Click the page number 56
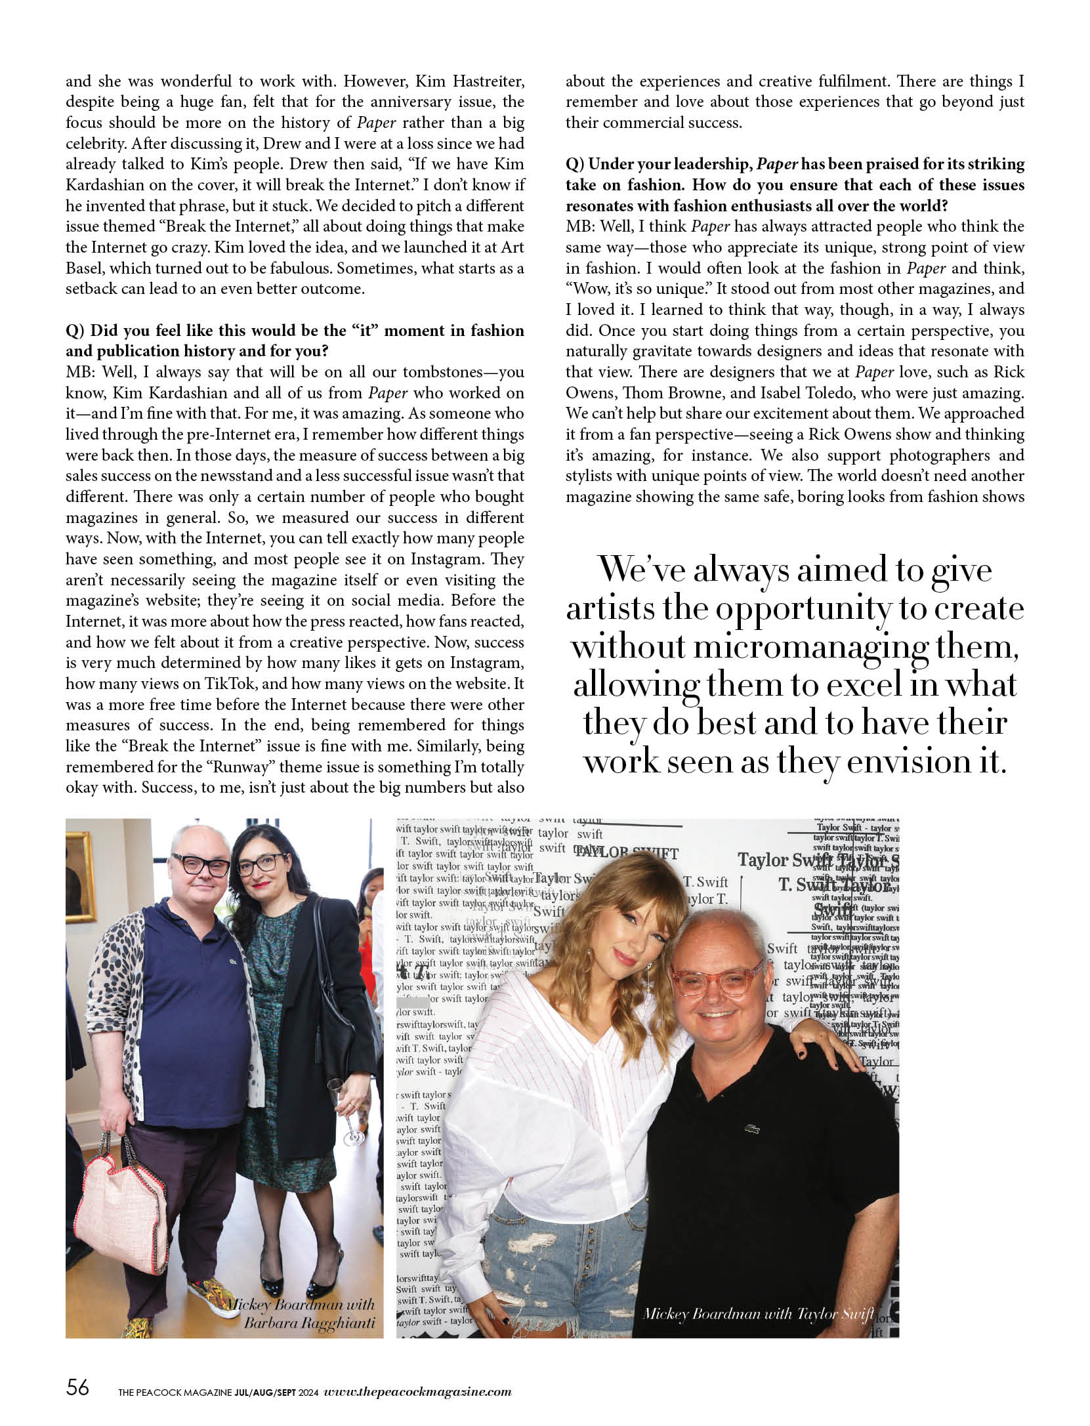click(77, 1386)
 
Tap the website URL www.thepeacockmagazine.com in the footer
click(417, 1387)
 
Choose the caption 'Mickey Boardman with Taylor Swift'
click(758, 1313)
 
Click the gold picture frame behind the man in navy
click(79, 879)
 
